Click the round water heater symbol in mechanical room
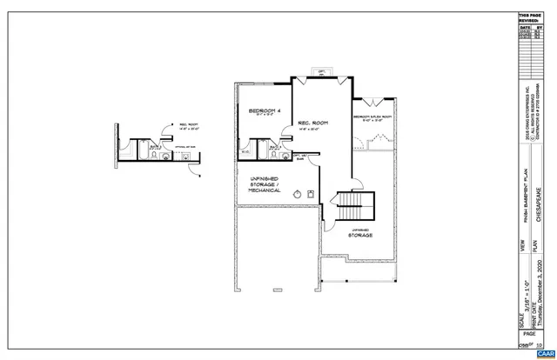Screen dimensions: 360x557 (296, 194)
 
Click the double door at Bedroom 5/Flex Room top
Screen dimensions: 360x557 (372, 100)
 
